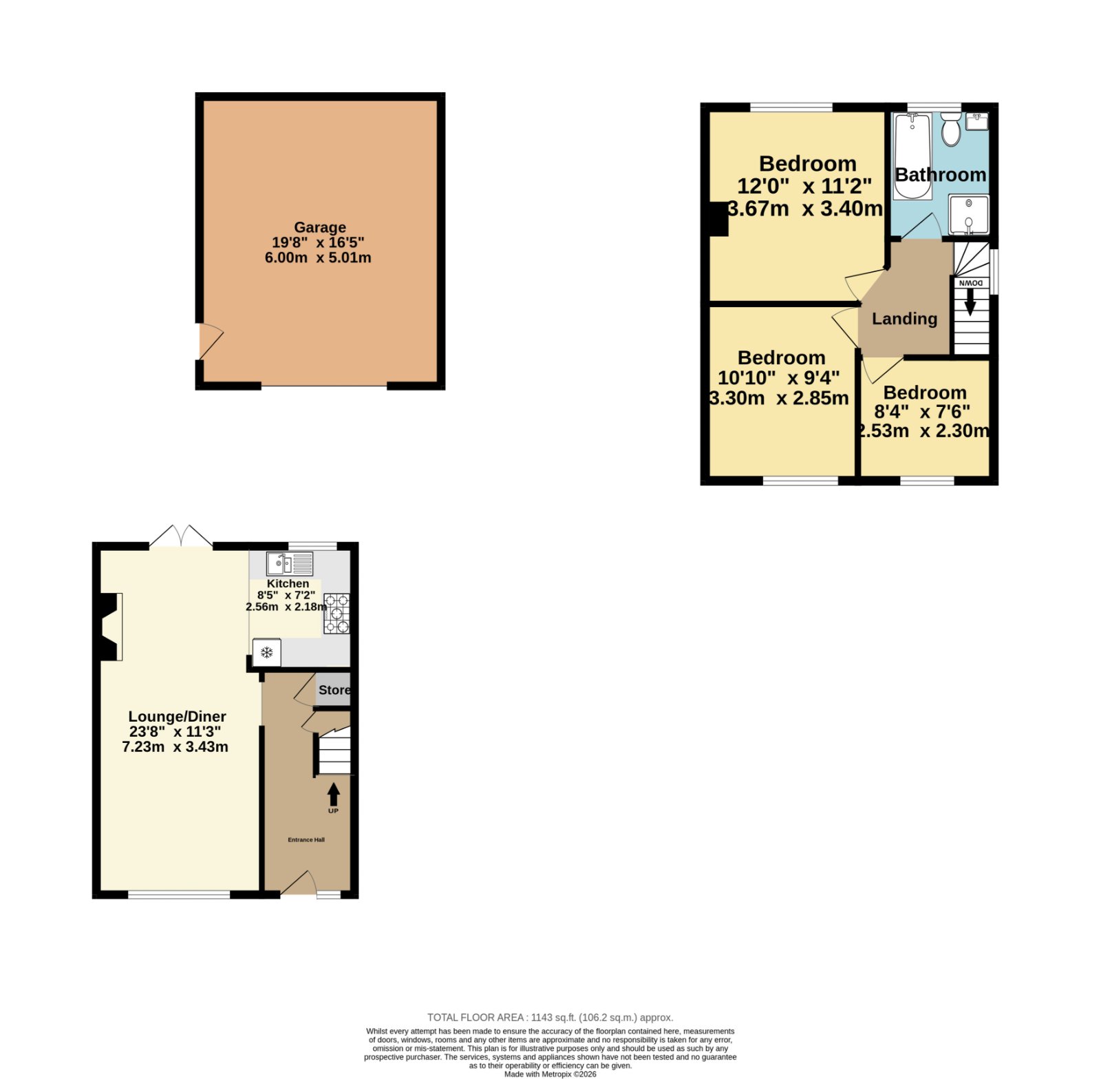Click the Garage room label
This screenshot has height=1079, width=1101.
(x=320, y=227)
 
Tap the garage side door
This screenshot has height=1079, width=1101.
(x=211, y=342)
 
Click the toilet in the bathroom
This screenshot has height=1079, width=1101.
(x=951, y=129)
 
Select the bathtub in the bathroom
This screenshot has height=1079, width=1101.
(x=912, y=156)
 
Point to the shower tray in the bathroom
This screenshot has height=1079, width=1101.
(x=969, y=215)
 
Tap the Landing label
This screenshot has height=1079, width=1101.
(x=904, y=319)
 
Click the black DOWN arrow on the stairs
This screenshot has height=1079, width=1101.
(x=970, y=301)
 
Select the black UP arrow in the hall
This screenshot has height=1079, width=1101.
(x=334, y=795)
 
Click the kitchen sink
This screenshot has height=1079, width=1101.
(x=290, y=563)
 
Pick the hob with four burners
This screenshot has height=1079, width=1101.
(x=336, y=614)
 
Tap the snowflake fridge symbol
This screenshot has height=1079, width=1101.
(x=267, y=651)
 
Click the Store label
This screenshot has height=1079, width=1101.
(x=334, y=690)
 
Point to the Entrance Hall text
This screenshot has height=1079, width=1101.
(x=306, y=840)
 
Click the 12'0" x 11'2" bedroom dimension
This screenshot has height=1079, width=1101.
(x=804, y=186)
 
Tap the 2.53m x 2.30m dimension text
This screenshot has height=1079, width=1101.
(x=924, y=431)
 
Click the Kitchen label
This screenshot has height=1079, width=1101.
(x=288, y=583)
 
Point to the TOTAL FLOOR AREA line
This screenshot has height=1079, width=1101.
(x=550, y=1017)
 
